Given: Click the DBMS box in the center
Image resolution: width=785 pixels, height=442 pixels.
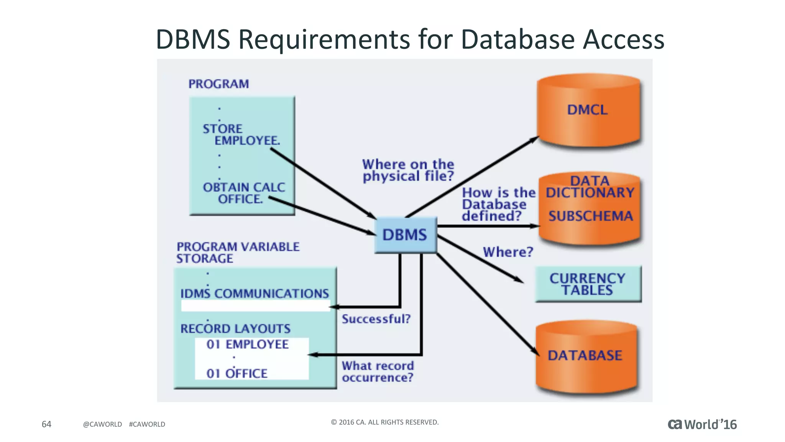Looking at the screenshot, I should pyautogui.click(x=405, y=235).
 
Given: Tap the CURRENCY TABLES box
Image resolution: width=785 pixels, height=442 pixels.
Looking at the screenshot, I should pyautogui.click(x=588, y=284).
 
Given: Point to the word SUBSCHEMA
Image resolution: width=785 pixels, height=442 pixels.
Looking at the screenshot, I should pyautogui.click(x=590, y=216).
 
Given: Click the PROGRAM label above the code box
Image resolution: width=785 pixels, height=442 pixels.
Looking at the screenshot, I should pyautogui.click(x=218, y=84).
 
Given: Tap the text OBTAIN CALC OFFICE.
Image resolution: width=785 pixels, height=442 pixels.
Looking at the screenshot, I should pyautogui.click(x=244, y=193).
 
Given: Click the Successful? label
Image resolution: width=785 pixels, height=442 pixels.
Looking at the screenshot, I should pyautogui.click(x=376, y=319).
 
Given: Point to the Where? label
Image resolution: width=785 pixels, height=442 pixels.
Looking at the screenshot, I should pyautogui.click(x=508, y=252).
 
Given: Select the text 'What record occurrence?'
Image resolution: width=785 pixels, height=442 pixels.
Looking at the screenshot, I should pyautogui.click(x=378, y=371).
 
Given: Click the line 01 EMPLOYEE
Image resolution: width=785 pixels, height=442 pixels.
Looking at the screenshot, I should pyautogui.click(x=248, y=345).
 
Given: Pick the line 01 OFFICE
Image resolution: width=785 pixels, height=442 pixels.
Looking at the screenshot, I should pyautogui.click(x=237, y=373).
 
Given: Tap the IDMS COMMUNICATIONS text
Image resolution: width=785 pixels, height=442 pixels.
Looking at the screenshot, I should pyautogui.click(x=255, y=294).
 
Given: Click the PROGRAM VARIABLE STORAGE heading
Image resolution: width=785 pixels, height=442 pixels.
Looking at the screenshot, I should pyautogui.click(x=238, y=252).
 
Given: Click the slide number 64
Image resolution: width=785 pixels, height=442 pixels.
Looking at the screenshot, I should pyautogui.click(x=46, y=424).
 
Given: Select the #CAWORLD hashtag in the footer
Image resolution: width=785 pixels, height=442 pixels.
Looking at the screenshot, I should pyautogui.click(x=147, y=424).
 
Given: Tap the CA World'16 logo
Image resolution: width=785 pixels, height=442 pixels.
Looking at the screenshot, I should pyautogui.click(x=702, y=424).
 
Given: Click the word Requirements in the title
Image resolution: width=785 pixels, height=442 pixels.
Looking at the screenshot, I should pyautogui.click(x=324, y=40).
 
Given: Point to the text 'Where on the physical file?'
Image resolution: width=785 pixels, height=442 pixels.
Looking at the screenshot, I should pyautogui.click(x=408, y=170).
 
